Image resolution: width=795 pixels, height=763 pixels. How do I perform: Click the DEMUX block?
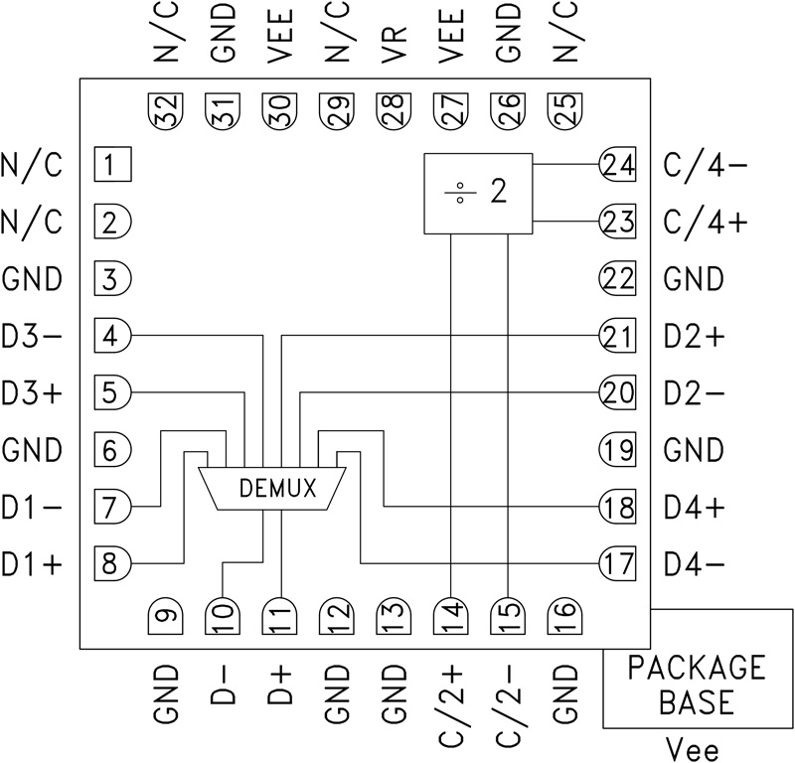pyautogui.click(x=263, y=488)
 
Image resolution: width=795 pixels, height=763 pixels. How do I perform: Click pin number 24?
pyautogui.click(x=617, y=164)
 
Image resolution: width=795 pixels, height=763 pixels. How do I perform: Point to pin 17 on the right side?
pyautogui.click(x=617, y=564)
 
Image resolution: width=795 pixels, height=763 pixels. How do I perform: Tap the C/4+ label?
pyautogui.click(x=707, y=222)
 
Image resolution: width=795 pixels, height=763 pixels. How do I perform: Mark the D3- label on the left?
pyautogui.click(x=32, y=336)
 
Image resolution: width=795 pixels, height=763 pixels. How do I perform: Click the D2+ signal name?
pyautogui.click(x=696, y=336)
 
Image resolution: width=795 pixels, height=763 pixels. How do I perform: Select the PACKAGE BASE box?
pyautogui.click(x=696, y=686)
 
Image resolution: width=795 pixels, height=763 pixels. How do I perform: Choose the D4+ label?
pyautogui.click(x=696, y=508)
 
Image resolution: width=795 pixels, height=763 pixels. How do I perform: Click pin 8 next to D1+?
pyautogui.click(x=114, y=564)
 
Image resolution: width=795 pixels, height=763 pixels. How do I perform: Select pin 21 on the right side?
pyautogui.click(x=617, y=336)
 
